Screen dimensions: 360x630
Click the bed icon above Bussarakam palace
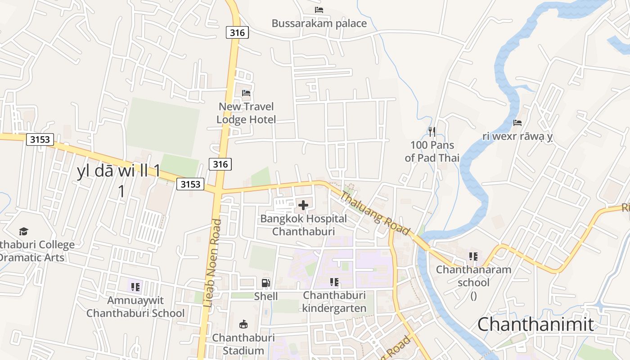click(319, 10)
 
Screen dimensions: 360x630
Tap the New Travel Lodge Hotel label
click(246, 113)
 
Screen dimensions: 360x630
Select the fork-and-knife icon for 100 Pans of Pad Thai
click(432, 132)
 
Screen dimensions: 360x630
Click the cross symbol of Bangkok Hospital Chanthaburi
click(303, 206)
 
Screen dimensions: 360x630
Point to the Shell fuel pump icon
click(266, 283)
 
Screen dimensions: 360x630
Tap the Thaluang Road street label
click(374, 213)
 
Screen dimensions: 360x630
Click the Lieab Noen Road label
click(212, 263)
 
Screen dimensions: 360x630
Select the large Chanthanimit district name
click(535, 324)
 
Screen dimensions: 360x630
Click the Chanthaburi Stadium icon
click(243, 324)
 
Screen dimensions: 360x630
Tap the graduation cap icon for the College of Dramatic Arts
click(23, 232)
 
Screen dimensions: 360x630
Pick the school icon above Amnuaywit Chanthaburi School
click(135, 287)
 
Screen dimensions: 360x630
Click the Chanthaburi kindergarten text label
click(334, 301)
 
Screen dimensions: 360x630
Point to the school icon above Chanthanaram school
click(473, 256)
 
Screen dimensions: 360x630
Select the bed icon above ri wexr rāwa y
click(517, 123)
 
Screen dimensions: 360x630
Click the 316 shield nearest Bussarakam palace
click(237, 32)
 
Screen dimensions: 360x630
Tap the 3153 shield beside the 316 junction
click(190, 184)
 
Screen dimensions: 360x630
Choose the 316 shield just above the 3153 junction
click(220, 164)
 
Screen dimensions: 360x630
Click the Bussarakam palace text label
click(319, 23)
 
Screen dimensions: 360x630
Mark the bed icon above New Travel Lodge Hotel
click(246, 93)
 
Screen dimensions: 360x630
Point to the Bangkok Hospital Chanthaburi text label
click(304, 225)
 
